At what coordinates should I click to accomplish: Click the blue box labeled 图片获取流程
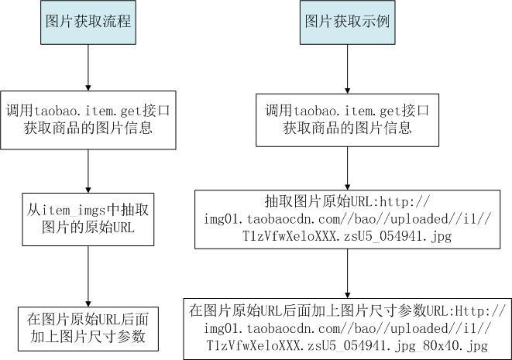click(x=88, y=22)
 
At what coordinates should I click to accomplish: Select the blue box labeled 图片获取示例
click(x=348, y=22)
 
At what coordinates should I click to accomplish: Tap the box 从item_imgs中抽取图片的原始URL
click(x=88, y=219)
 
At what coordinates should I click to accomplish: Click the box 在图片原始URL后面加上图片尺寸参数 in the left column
click(x=88, y=329)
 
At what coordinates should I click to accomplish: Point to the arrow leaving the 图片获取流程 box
click(x=88, y=67)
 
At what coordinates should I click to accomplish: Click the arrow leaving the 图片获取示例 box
click(x=348, y=69)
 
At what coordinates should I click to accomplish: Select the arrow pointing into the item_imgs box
click(x=88, y=171)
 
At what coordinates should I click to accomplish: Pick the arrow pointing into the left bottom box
click(x=88, y=276)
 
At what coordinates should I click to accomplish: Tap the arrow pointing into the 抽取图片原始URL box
click(x=348, y=169)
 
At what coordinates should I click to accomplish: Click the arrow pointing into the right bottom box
click(x=348, y=273)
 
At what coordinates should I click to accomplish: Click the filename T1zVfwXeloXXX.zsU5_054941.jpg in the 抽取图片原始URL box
click(x=347, y=236)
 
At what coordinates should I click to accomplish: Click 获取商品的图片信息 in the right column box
click(x=347, y=128)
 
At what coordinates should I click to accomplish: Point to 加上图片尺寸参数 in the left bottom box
click(x=88, y=337)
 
